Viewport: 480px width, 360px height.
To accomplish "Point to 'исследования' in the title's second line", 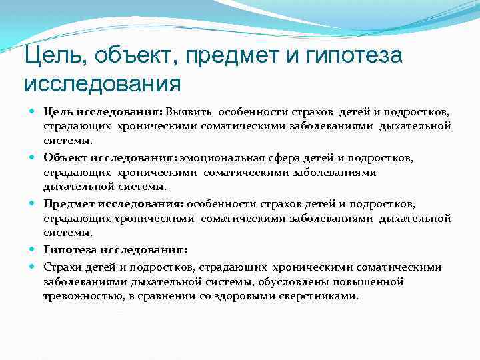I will coord(102,85).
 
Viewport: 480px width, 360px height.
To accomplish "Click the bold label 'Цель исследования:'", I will coord(103,111).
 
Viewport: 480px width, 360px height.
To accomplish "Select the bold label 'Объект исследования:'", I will coord(110,157).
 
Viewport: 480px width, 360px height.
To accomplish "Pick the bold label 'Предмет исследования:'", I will coord(115,204).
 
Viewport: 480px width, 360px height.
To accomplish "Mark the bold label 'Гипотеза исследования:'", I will coord(115,250).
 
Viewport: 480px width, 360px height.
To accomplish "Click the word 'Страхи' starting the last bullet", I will coord(61,267).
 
